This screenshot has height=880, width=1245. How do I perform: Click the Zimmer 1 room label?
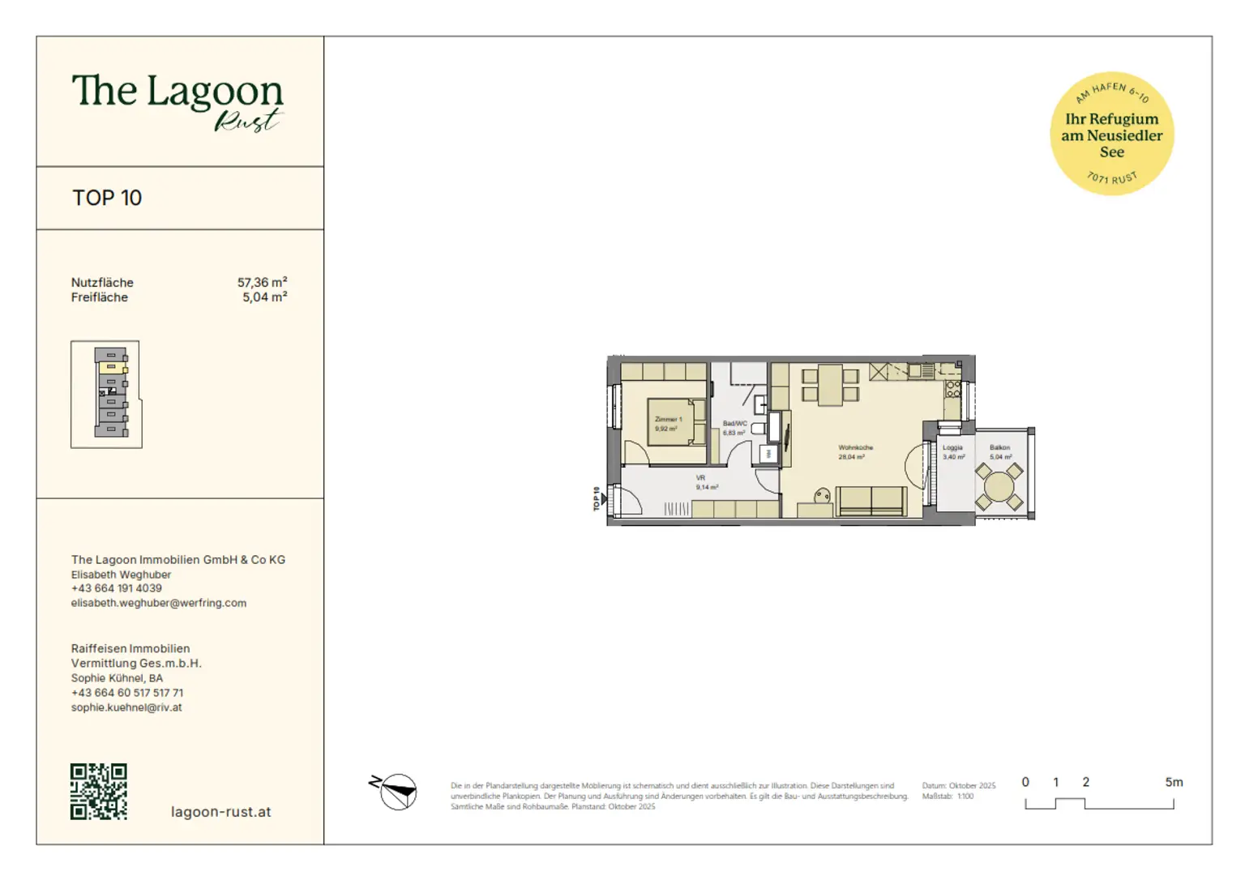(x=668, y=424)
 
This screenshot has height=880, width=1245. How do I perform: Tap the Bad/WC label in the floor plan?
(x=734, y=428)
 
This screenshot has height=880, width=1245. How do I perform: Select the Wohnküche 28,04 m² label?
(x=854, y=452)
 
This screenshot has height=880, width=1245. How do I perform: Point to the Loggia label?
(x=952, y=452)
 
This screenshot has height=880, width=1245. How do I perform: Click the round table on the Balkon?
(x=999, y=486)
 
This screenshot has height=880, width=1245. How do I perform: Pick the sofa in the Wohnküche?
(x=871, y=502)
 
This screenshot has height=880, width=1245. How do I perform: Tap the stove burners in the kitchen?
(x=952, y=389)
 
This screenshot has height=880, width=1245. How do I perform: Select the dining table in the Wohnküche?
(x=830, y=385)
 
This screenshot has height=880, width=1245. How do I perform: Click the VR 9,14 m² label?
(x=705, y=483)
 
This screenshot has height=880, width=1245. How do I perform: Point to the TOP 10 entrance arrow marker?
(x=601, y=499)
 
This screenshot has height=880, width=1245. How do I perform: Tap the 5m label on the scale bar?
(x=1173, y=782)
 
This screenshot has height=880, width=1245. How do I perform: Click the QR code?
(x=98, y=792)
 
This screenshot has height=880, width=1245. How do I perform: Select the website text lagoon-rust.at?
(x=220, y=812)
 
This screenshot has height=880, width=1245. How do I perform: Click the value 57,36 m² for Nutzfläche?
(x=262, y=282)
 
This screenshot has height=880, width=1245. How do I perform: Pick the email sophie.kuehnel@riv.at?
(x=126, y=707)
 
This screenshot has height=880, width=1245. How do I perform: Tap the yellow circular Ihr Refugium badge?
(x=1111, y=134)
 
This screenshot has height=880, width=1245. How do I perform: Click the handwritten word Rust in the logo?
(x=246, y=121)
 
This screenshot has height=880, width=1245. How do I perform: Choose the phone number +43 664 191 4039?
(x=116, y=588)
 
